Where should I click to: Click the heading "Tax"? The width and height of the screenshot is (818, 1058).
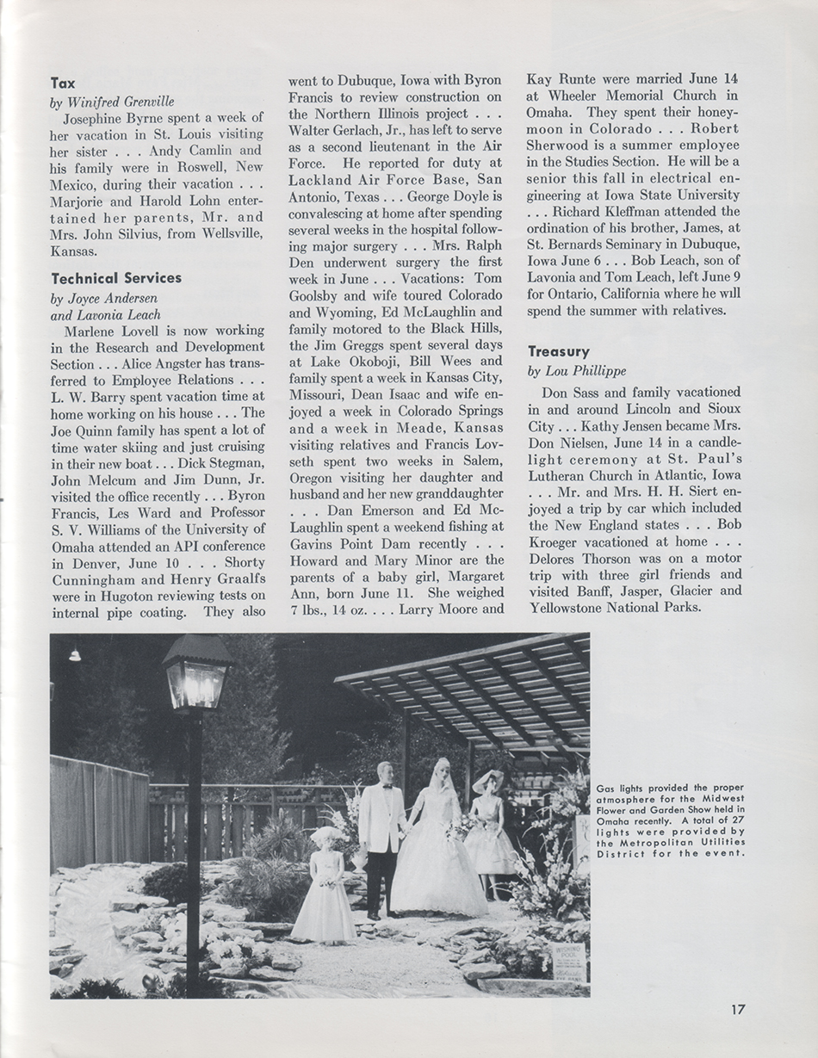[x=63, y=84]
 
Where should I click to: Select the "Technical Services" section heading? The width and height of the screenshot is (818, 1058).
[x=116, y=278]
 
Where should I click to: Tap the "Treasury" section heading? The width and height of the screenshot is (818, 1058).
[x=559, y=351]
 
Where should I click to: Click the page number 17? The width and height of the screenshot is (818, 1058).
[x=739, y=1009]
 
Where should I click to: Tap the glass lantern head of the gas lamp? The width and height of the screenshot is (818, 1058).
[x=196, y=671]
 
